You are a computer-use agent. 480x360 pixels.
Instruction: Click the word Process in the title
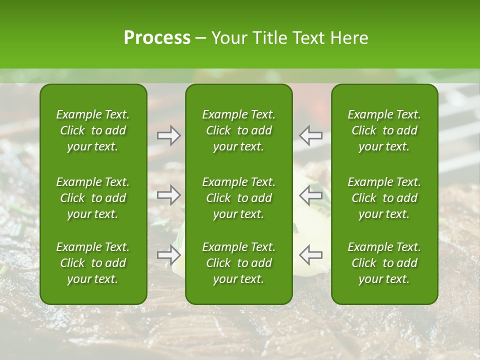point(157,37)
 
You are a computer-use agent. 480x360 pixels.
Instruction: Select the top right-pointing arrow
point(169,135)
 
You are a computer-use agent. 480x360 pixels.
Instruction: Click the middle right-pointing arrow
point(169,194)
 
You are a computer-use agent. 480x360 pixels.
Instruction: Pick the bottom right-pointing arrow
point(169,254)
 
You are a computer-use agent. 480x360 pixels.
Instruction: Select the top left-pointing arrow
point(310,135)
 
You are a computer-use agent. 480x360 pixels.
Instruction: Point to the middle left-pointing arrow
point(310,194)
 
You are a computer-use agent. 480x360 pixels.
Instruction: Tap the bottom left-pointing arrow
point(310,254)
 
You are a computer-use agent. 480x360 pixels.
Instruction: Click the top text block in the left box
point(93,130)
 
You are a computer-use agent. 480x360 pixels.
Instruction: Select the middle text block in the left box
point(93,198)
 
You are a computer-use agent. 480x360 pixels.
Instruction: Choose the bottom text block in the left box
point(93,263)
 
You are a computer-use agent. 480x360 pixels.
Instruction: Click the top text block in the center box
point(239,130)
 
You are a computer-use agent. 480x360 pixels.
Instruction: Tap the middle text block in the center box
point(239,198)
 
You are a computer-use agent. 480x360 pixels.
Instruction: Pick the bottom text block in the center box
point(239,263)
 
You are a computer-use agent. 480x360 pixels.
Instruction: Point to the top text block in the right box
point(384,130)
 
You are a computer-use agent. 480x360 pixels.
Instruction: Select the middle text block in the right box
point(384,198)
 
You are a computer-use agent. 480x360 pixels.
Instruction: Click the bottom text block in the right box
point(384,263)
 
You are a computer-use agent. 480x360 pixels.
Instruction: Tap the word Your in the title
point(228,37)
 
